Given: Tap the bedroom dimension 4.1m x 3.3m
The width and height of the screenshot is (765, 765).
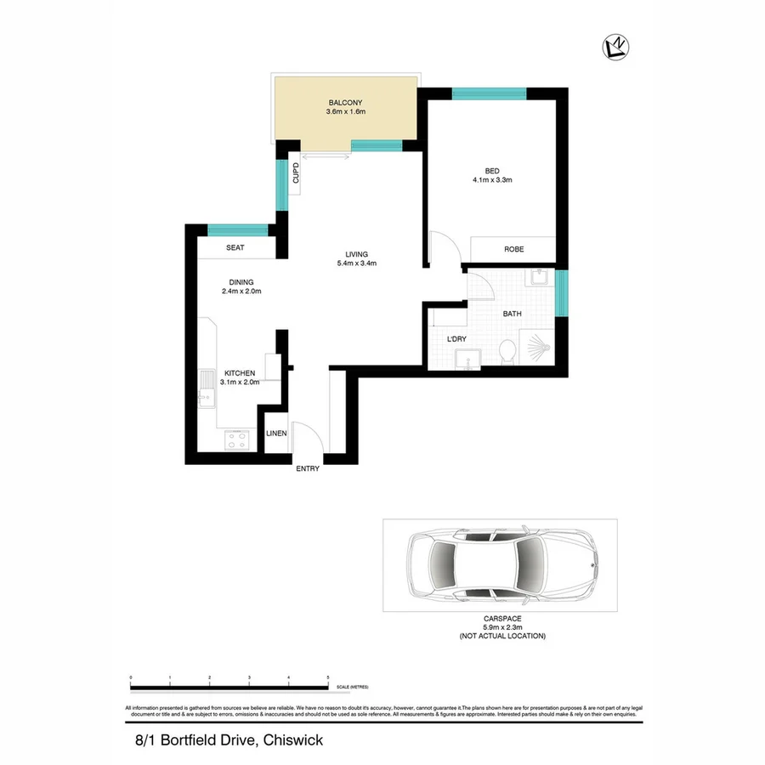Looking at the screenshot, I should point(491,180).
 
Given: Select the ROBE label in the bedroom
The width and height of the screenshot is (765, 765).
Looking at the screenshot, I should point(513,249).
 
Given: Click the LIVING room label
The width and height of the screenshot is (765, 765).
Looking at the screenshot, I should point(356,253).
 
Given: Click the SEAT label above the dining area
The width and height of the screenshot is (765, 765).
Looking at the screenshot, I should point(235,248).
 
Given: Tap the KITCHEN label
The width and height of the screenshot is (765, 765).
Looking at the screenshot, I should point(241,373).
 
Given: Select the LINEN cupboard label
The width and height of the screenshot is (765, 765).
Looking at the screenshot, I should point(276,433).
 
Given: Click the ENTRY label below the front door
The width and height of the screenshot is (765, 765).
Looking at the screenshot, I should point(307,468).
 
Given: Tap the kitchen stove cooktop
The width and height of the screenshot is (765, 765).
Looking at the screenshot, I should point(235,439).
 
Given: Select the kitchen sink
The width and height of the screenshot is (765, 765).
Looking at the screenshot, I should point(207,389).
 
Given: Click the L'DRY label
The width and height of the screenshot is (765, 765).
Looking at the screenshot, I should point(457,340).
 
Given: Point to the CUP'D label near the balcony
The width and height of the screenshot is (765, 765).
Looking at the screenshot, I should point(296,174).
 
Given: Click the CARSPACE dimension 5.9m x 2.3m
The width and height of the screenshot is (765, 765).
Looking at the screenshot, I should point(501,628).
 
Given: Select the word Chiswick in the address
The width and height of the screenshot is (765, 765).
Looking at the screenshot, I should point(293,740).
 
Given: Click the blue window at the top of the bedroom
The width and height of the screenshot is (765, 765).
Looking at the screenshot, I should point(489,93).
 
